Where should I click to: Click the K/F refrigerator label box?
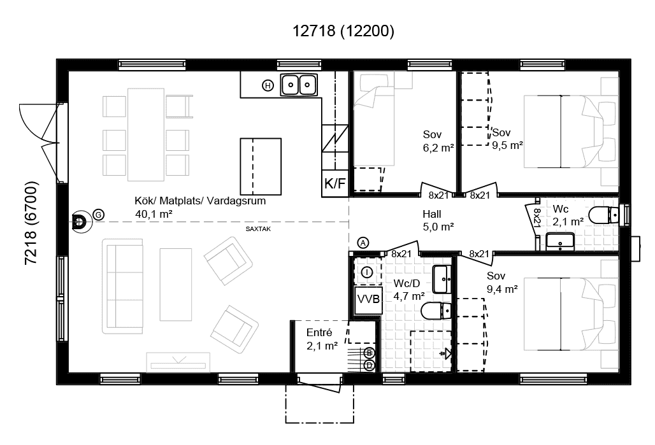[x=335, y=184]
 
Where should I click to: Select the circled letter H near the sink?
[x=268, y=85]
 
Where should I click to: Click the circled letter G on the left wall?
[x=98, y=215]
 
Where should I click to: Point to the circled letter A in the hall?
[x=363, y=243]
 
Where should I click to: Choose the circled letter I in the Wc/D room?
[x=367, y=272]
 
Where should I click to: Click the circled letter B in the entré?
[x=368, y=353]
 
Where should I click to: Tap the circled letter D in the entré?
[x=368, y=365]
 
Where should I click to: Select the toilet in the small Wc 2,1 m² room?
[x=603, y=215]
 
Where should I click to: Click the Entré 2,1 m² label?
[x=322, y=339]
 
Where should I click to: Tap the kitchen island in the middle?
[x=261, y=166]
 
